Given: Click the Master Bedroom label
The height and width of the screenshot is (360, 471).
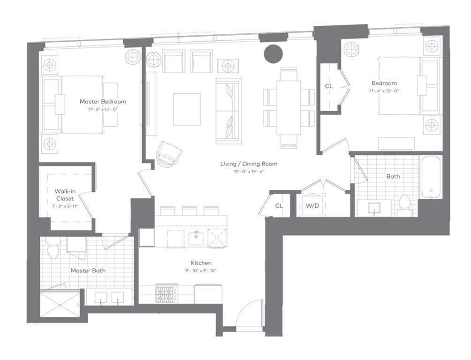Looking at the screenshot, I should click(x=103, y=101).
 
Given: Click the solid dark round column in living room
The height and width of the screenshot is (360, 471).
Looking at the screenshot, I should click(x=273, y=53).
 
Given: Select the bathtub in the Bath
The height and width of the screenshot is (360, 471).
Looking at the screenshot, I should click(x=430, y=177).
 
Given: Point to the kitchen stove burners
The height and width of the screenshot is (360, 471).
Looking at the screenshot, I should click(x=165, y=295).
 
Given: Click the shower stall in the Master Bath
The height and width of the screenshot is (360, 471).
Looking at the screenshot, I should click(x=60, y=305).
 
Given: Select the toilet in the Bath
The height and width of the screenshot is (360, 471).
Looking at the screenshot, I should click(x=404, y=204).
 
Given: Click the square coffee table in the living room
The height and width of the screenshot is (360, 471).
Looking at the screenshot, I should click(x=187, y=109).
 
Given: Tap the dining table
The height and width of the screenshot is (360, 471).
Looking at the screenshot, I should click(x=289, y=108).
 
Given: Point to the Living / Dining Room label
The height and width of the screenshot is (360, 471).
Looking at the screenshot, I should click(x=249, y=164).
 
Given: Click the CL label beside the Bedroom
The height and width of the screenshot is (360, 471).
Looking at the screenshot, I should click(x=329, y=86).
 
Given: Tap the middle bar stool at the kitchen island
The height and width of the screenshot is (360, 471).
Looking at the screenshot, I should click(x=190, y=210).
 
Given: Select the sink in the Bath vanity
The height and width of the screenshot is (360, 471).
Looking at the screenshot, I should click(x=374, y=207).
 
